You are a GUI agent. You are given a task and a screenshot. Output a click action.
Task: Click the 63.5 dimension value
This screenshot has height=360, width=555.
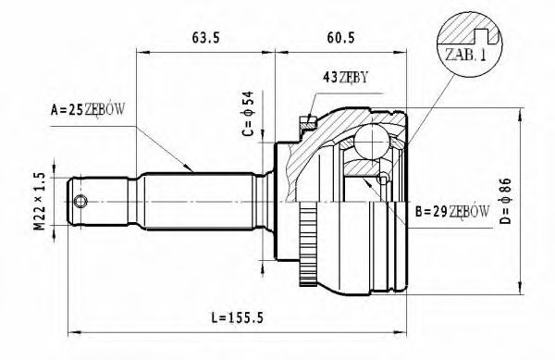pyautogui.click(x=206, y=38)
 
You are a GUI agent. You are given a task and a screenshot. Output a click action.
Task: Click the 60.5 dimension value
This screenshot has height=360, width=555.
pyautogui.click(x=340, y=38)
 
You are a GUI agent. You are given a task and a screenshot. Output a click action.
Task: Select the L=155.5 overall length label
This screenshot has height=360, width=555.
pyautogui.click(x=238, y=317)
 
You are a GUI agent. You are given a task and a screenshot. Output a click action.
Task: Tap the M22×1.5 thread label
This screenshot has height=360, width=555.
pyautogui.click(x=40, y=201)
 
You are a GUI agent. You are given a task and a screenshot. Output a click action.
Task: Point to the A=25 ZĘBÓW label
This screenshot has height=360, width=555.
pyautogui.click(x=88, y=110)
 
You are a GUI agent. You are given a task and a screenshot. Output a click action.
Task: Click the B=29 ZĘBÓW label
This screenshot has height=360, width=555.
pyautogui.click(x=452, y=212)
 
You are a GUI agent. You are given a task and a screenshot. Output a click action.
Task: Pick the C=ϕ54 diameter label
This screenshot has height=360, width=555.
pyautogui.click(x=248, y=114)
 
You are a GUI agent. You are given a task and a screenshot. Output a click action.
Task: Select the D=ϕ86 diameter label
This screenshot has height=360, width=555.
pyautogui.click(x=505, y=201)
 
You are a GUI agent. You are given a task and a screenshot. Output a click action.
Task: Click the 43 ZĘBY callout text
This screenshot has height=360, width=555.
pyautogui.click(x=345, y=77)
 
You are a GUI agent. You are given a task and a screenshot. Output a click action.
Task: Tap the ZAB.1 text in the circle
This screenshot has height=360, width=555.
pyautogui.click(x=465, y=55)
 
